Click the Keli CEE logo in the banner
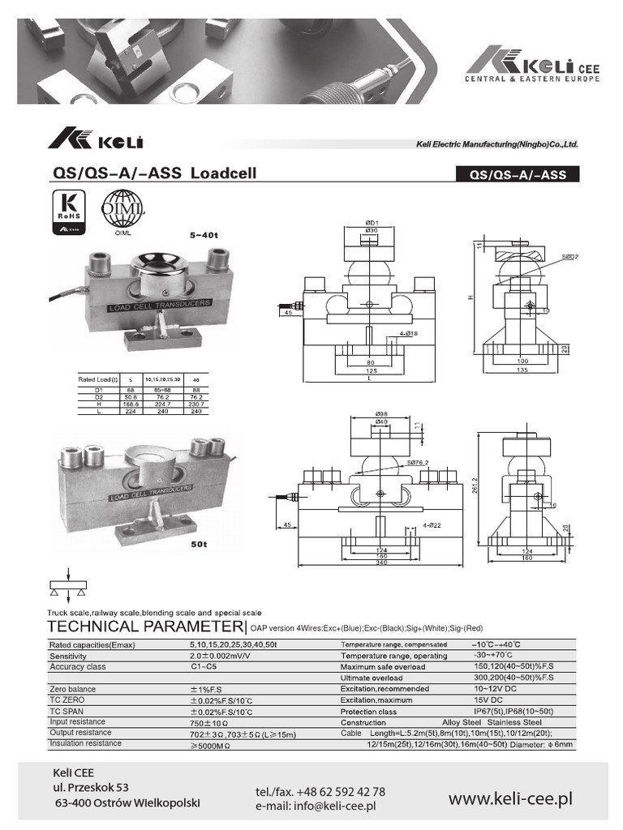pos(531,64)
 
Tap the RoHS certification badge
pos(68,213)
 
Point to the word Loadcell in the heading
pos(220,173)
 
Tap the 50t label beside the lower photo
pos(200,545)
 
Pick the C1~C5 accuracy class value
pos(204,667)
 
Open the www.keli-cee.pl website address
pos(510,798)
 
